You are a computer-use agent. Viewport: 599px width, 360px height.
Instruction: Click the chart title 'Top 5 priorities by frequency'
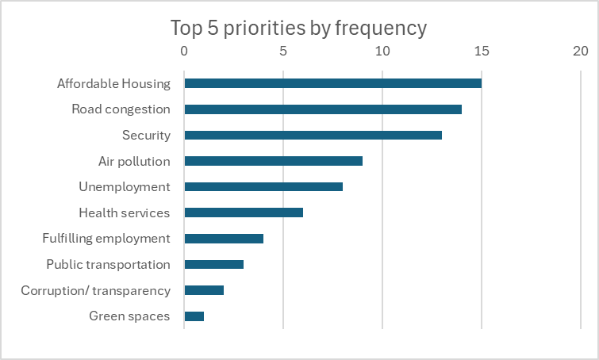[x=299, y=28]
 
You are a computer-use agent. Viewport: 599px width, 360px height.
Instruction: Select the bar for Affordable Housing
[x=332, y=83]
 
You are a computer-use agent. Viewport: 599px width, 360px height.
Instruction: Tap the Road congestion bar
[x=323, y=109]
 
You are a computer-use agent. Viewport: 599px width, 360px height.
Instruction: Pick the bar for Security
[x=313, y=135]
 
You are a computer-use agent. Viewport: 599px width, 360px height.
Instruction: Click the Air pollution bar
[x=273, y=161]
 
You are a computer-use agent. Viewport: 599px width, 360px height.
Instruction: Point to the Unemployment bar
[x=263, y=187]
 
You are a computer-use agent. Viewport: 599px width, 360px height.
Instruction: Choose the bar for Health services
[x=244, y=213]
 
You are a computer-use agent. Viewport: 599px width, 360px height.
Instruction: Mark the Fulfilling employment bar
[x=224, y=239]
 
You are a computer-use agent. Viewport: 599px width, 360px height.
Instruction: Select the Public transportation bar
[x=213, y=264]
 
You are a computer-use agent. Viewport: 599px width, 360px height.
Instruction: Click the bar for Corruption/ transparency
[x=204, y=290]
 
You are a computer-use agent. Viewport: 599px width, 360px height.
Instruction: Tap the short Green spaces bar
[x=194, y=316]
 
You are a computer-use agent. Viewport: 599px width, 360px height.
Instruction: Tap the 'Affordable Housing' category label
[x=113, y=83]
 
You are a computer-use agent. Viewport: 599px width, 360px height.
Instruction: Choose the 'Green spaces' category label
[x=129, y=316]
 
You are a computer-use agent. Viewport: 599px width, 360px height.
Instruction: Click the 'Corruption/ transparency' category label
[x=95, y=290]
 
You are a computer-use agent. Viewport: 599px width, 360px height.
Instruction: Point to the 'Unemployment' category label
[x=125, y=187]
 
